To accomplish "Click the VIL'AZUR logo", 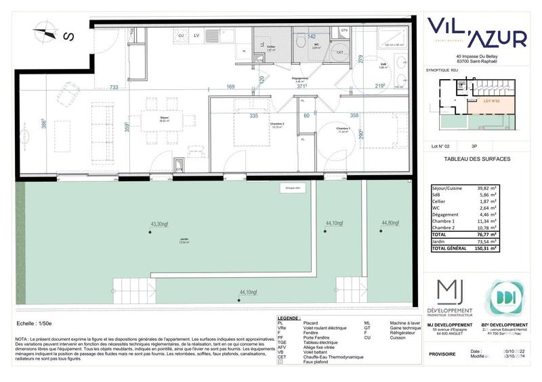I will [x=476, y=34].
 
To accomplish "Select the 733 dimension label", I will [x=114, y=87].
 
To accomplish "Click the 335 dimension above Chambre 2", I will [x=234, y=116].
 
